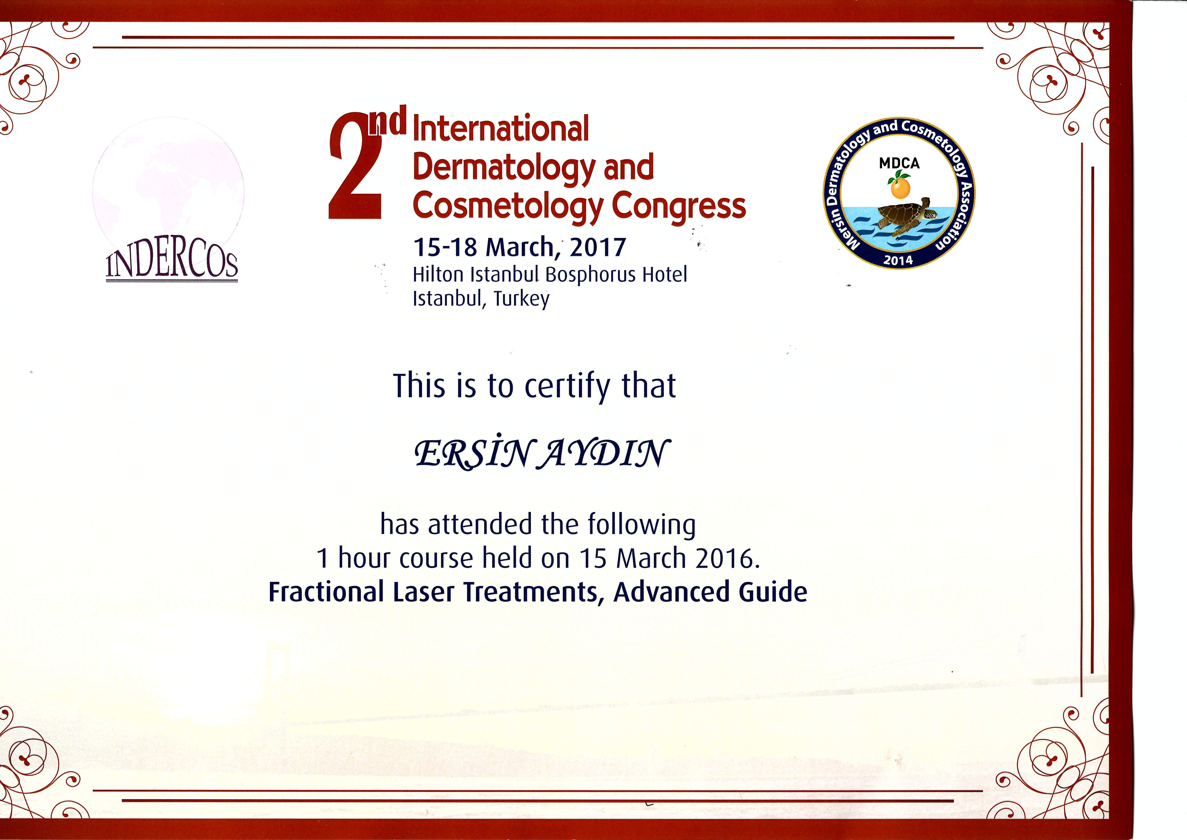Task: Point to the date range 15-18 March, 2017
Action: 519,247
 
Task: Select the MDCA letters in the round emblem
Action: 899,164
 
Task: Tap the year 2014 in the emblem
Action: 898,260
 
